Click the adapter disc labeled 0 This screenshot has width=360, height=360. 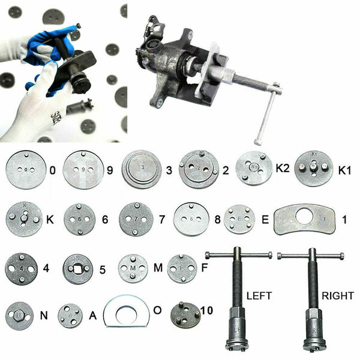[24, 170]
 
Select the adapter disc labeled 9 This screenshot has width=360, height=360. [83, 170]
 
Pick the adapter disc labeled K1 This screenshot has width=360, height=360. [314, 169]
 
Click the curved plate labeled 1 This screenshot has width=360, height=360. [304, 220]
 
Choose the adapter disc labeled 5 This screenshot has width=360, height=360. [78, 269]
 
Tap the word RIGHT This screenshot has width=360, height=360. [337, 295]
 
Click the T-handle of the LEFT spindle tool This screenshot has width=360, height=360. [238, 256]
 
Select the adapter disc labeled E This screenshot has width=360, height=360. [239, 220]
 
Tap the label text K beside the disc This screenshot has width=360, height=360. [50, 220]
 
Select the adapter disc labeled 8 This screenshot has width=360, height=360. [191, 219]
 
